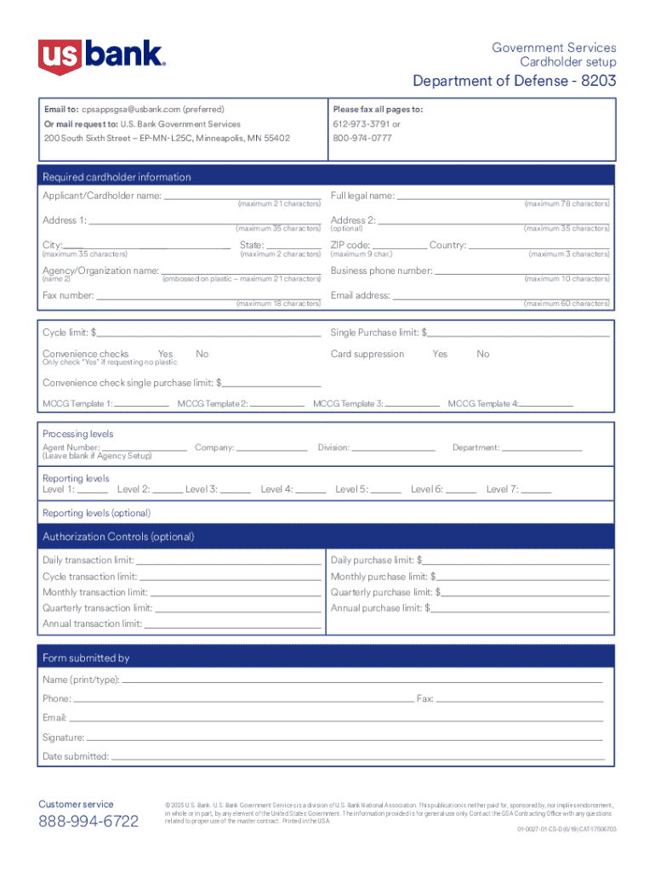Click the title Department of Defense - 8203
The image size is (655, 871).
tap(515, 81)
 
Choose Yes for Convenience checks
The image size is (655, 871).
tap(165, 354)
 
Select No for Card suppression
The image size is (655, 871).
tap(483, 354)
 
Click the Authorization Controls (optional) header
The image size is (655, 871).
tap(118, 537)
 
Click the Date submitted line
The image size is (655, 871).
tap(357, 756)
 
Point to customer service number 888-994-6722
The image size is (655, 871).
tap(88, 822)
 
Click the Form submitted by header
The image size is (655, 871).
tap(86, 658)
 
